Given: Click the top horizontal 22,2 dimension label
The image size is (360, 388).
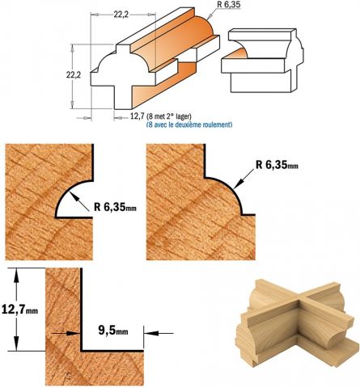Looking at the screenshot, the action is pos(121,15).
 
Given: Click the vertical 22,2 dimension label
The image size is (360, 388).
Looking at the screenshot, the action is pos(74,75).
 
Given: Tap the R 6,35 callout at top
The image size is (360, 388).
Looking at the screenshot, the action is pos(228,5).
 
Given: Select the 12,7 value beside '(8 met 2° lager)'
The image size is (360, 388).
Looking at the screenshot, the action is pos(137,116).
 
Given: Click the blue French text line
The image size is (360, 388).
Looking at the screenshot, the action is pos(189,124).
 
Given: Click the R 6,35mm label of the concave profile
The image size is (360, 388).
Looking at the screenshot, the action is pos(115,207).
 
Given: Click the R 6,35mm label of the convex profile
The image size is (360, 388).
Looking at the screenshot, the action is pos(277,165).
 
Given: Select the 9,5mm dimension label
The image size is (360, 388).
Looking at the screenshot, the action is pos(113,330).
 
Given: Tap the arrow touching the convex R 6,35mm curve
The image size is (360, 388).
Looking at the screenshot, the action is pos(244,179).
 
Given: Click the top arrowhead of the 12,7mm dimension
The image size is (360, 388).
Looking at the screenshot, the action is pos(17,275).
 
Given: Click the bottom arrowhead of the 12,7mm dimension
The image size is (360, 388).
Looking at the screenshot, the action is pos(17,344).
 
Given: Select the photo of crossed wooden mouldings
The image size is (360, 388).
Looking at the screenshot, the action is pos(294,323).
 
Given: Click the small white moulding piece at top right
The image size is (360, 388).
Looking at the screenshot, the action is pos(261,60).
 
